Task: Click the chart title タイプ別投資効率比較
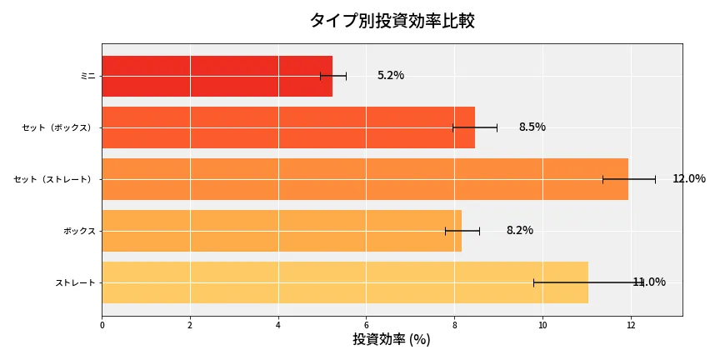392,21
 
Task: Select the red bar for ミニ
217,76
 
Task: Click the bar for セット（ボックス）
287,127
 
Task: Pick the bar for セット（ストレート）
364,179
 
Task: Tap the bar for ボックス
281,231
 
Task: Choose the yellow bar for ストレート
344,282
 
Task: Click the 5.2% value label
390,76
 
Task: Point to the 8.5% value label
532,127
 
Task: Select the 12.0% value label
688,179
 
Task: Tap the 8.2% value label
519,231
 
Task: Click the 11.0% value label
649,282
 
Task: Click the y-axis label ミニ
87,76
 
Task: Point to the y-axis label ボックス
79,231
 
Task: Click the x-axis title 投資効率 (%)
392,340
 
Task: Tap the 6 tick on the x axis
367,325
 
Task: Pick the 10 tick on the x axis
542,325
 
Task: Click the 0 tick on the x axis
102,325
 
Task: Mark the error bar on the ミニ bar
333,76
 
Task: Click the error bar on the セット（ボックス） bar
475,127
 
